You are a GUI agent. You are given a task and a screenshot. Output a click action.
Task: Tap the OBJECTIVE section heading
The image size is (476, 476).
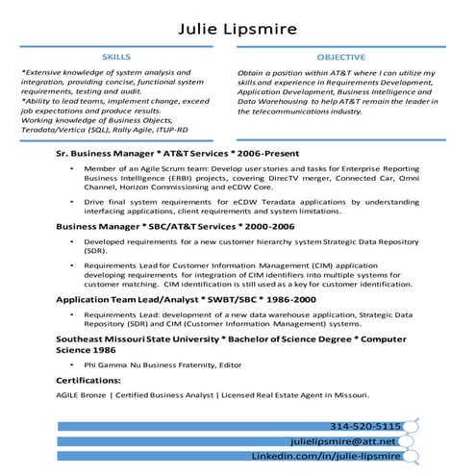[x=340, y=58]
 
